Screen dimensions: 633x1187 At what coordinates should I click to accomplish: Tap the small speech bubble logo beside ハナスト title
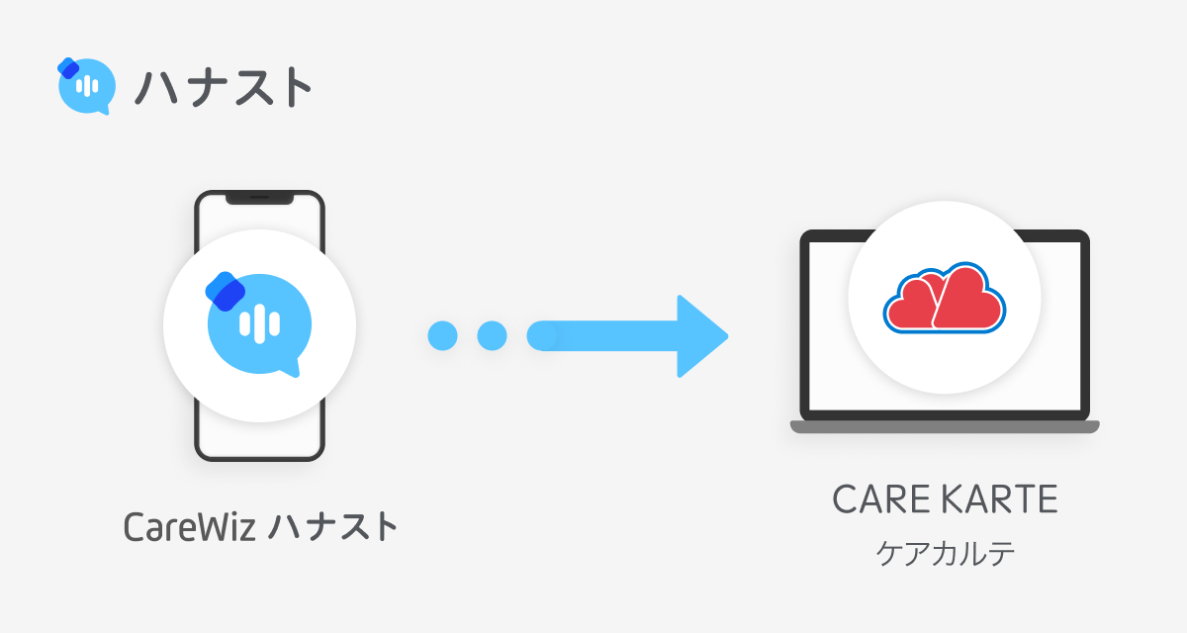(x=83, y=86)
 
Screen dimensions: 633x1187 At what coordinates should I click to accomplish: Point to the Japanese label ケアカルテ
(x=946, y=553)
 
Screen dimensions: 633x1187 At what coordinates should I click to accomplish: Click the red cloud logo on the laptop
(x=944, y=298)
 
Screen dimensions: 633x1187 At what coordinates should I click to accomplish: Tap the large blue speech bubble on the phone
(x=259, y=324)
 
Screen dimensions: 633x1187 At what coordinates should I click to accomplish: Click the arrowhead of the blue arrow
(x=701, y=335)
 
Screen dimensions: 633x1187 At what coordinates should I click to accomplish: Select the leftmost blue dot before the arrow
(x=442, y=335)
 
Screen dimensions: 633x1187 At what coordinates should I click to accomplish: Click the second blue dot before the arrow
(x=492, y=335)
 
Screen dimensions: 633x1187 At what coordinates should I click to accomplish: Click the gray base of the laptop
(x=945, y=427)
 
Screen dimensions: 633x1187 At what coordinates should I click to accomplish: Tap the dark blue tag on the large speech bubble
(x=226, y=289)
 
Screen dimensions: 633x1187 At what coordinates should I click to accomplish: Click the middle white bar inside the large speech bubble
(x=259, y=323)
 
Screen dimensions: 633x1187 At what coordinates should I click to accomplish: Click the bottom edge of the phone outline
(x=259, y=458)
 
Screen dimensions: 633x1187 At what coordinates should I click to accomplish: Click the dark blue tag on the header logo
(x=68, y=68)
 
